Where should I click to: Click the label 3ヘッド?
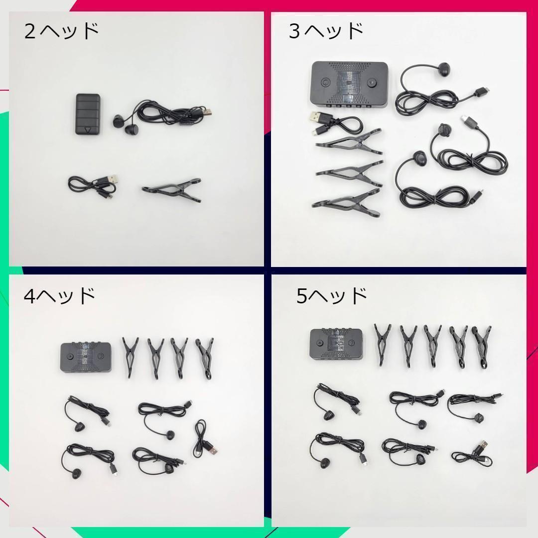(x=326, y=31)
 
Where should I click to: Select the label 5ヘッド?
(x=332, y=296)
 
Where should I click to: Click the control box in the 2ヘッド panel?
(x=88, y=114)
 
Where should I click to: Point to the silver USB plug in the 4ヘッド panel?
(x=212, y=451)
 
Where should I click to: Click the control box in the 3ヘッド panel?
(x=349, y=84)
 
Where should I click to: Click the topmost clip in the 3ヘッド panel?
(x=349, y=141)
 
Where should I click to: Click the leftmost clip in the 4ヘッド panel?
(x=131, y=356)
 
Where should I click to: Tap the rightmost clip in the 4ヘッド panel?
(x=204, y=357)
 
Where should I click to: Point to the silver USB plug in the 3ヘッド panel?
(x=317, y=118)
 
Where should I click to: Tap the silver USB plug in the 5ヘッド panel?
(x=484, y=445)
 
